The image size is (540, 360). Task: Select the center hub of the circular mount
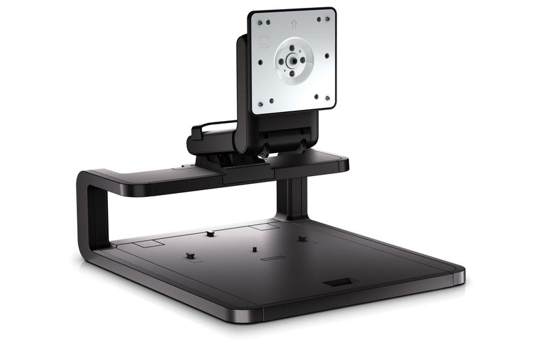pyautogui.click(x=290, y=61)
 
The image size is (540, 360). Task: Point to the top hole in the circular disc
pyautogui.click(x=292, y=47)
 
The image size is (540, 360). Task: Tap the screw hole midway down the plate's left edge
pyautogui.click(x=261, y=63)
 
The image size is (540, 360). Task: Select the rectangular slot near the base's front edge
pyautogui.click(x=338, y=282)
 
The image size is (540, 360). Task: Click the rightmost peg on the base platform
pyautogui.click(x=302, y=238)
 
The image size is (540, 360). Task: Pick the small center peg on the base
pyautogui.click(x=253, y=249)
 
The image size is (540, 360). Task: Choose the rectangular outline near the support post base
pyautogui.click(x=264, y=227)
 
